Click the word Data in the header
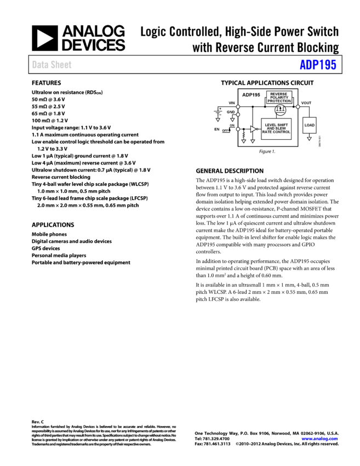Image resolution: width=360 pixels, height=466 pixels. tap(39, 65)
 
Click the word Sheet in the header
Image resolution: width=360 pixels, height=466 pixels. tap(60, 65)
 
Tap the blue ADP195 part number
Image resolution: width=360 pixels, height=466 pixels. tap(318, 65)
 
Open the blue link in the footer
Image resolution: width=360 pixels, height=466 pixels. tap(319, 439)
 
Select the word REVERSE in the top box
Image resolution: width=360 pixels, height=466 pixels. tap(279, 94)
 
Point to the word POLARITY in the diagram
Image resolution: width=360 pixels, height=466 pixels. tap(279, 98)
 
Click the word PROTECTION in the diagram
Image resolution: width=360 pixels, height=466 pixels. tap(279, 101)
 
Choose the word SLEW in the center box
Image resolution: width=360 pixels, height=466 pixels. tap(281, 128)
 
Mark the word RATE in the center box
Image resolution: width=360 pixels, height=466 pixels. tap(267, 132)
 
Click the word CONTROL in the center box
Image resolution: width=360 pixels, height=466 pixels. tap(282, 132)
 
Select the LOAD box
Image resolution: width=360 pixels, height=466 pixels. tap(310, 126)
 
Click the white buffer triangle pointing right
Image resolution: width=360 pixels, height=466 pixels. tap(253, 129)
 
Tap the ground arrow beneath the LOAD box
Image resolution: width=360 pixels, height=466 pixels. tap(309, 139)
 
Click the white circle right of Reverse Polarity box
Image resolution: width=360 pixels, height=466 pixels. tap(298, 107)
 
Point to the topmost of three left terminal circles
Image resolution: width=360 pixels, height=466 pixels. tap(238, 107)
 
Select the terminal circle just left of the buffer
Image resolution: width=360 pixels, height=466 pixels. tap(238, 129)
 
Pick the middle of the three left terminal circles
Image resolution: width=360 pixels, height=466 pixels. tap(238, 115)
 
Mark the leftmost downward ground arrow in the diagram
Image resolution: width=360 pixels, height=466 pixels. tap(218, 120)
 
